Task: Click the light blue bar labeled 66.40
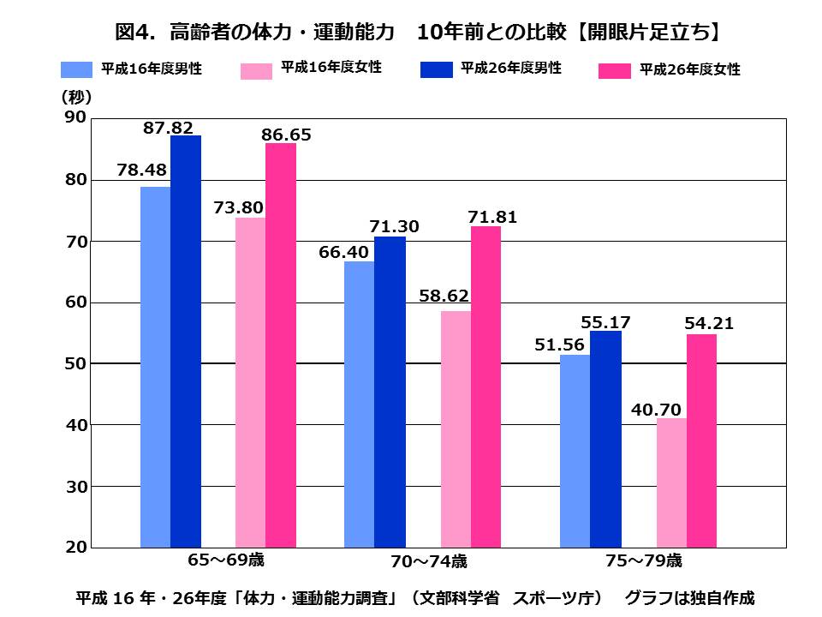pyautogui.click(x=359, y=404)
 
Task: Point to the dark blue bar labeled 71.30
pyautogui.click(x=390, y=392)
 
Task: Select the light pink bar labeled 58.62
pyautogui.click(x=456, y=428)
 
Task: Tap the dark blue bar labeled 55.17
pyautogui.click(x=605, y=439)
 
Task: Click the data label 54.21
pyautogui.click(x=709, y=324)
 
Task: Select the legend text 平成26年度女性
pyautogui.click(x=689, y=70)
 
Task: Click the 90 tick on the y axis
pyautogui.click(x=75, y=117)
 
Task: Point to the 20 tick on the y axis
pyautogui.click(x=75, y=547)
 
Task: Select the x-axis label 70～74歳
pyautogui.click(x=429, y=562)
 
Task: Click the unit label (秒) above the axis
pyautogui.click(x=75, y=97)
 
